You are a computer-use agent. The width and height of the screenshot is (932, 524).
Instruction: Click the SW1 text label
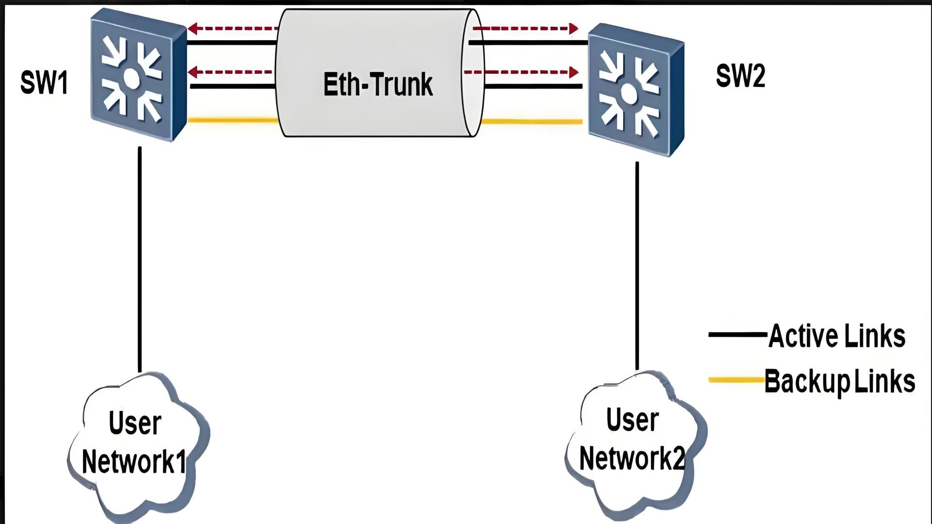coord(44,82)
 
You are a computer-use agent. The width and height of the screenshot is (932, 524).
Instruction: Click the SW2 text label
coord(740,76)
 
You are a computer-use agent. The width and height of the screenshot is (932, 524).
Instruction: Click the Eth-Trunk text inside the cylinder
coord(378,84)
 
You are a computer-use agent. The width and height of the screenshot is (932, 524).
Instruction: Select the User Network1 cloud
coord(136,444)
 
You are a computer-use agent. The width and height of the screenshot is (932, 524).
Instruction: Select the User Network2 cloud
coord(633,442)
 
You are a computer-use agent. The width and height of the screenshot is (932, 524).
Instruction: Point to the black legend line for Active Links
coord(737,334)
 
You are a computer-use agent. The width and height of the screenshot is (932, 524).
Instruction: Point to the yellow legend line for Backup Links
coord(736,379)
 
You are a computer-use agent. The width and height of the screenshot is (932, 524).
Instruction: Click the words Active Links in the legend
coord(837,336)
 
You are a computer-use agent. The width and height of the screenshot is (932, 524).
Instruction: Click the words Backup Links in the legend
coord(840,381)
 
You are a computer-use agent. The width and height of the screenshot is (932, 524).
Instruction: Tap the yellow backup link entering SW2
coord(532,122)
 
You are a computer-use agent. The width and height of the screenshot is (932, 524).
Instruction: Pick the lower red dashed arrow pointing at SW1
coord(231,72)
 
